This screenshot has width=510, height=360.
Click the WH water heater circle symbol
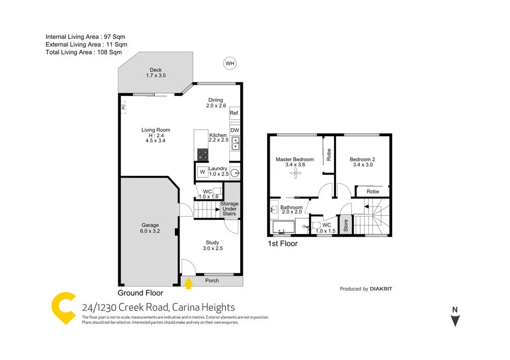pyautogui.click(x=231, y=63)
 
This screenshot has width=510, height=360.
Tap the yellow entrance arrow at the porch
pyautogui.click(x=189, y=282)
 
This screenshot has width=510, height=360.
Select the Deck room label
pyautogui.click(x=156, y=73)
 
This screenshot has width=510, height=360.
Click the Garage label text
pyautogui.click(x=150, y=225)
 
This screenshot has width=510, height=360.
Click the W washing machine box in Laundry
pyautogui.click(x=202, y=172)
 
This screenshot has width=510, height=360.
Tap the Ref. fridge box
pyautogui.click(x=235, y=113)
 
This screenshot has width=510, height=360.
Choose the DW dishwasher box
pyautogui.click(x=235, y=131)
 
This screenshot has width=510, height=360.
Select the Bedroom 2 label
pyautogui.click(x=363, y=159)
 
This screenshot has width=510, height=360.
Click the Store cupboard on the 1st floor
pyautogui.click(x=345, y=225)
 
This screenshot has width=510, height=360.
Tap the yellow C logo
pyautogui.click(x=64, y=308)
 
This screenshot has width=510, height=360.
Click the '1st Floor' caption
pyautogui.click(x=283, y=244)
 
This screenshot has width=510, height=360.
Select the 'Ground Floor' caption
pyautogui.click(x=140, y=293)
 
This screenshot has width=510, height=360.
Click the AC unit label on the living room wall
pyautogui.click(x=123, y=108)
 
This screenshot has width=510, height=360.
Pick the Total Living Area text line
pyautogui.click(x=84, y=52)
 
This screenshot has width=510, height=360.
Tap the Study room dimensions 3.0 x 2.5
pyautogui.click(x=212, y=249)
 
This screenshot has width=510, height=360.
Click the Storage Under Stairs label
pyautogui.click(x=229, y=209)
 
